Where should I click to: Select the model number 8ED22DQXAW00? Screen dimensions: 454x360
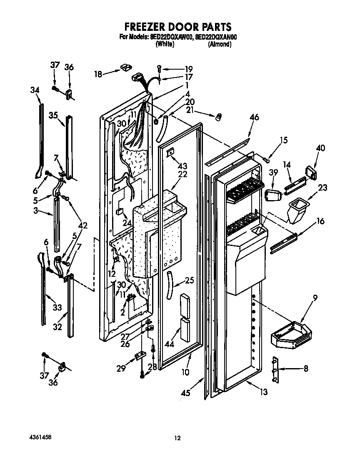pos(171,37)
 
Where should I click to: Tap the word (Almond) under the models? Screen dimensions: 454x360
pos(219,44)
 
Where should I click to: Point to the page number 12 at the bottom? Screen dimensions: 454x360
pos(177,437)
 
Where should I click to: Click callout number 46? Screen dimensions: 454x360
pos(254,117)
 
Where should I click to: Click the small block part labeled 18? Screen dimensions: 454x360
pos(125,66)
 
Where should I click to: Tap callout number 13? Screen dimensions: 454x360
pos(263,391)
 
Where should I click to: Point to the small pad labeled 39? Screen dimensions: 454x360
pos(272,194)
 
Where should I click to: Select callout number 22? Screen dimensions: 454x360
pos(183,174)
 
